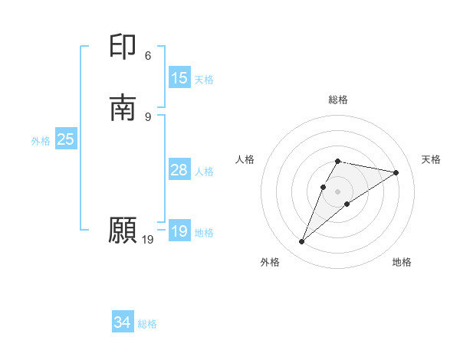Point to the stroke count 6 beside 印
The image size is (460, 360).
click(148, 56)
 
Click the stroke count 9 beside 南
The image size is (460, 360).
click(148, 116)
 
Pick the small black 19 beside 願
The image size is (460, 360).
click(148, 240)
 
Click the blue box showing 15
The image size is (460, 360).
click(179, 78)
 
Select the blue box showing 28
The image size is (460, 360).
click(179, 170)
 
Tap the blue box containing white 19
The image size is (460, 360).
click(179, 231)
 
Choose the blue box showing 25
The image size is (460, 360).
click(65, 139)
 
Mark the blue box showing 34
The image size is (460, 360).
click(123, 323)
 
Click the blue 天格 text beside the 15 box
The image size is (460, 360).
click(204, 80)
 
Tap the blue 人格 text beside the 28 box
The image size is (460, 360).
click(204, 172)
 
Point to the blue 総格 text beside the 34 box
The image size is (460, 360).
click(147, 325)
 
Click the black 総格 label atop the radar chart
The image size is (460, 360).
click(338, 100)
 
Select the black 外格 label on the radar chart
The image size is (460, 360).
click(270, 262)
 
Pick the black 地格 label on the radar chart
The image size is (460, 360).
click(402, 262)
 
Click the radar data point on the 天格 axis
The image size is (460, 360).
click(396, 172)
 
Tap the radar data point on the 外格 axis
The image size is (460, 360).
click(301, 242)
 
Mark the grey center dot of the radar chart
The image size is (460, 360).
click(338, 191)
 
